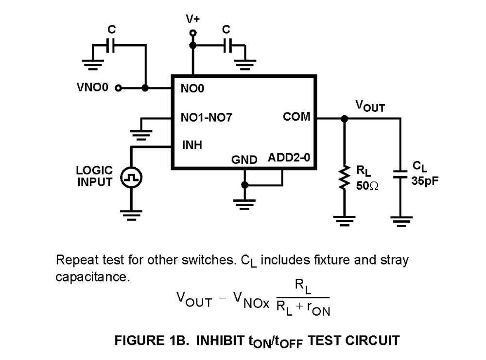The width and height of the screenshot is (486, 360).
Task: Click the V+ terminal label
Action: tap(193, 19)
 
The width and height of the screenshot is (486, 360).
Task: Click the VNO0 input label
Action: tap(92, 88)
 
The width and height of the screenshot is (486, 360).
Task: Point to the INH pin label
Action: tap(192, 144)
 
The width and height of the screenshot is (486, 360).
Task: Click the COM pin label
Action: tap(296, 117)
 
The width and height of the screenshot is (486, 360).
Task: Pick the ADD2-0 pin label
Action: tap(289, 158)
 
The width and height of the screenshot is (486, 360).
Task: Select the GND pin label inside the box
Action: tap(244, 160)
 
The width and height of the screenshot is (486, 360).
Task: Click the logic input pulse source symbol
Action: tap(132, 178)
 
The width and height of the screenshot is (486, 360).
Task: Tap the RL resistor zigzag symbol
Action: tap(345, 177)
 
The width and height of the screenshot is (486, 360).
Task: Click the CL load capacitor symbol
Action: tap(400, 174)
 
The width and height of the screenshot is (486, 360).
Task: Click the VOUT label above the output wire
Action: tap(370, 106)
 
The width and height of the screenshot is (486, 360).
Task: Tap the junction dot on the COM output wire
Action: tap(345, 118)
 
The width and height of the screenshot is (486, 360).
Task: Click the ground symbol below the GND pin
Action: tap(244, 201)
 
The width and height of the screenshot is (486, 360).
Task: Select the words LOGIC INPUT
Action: tap(94, 176)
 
